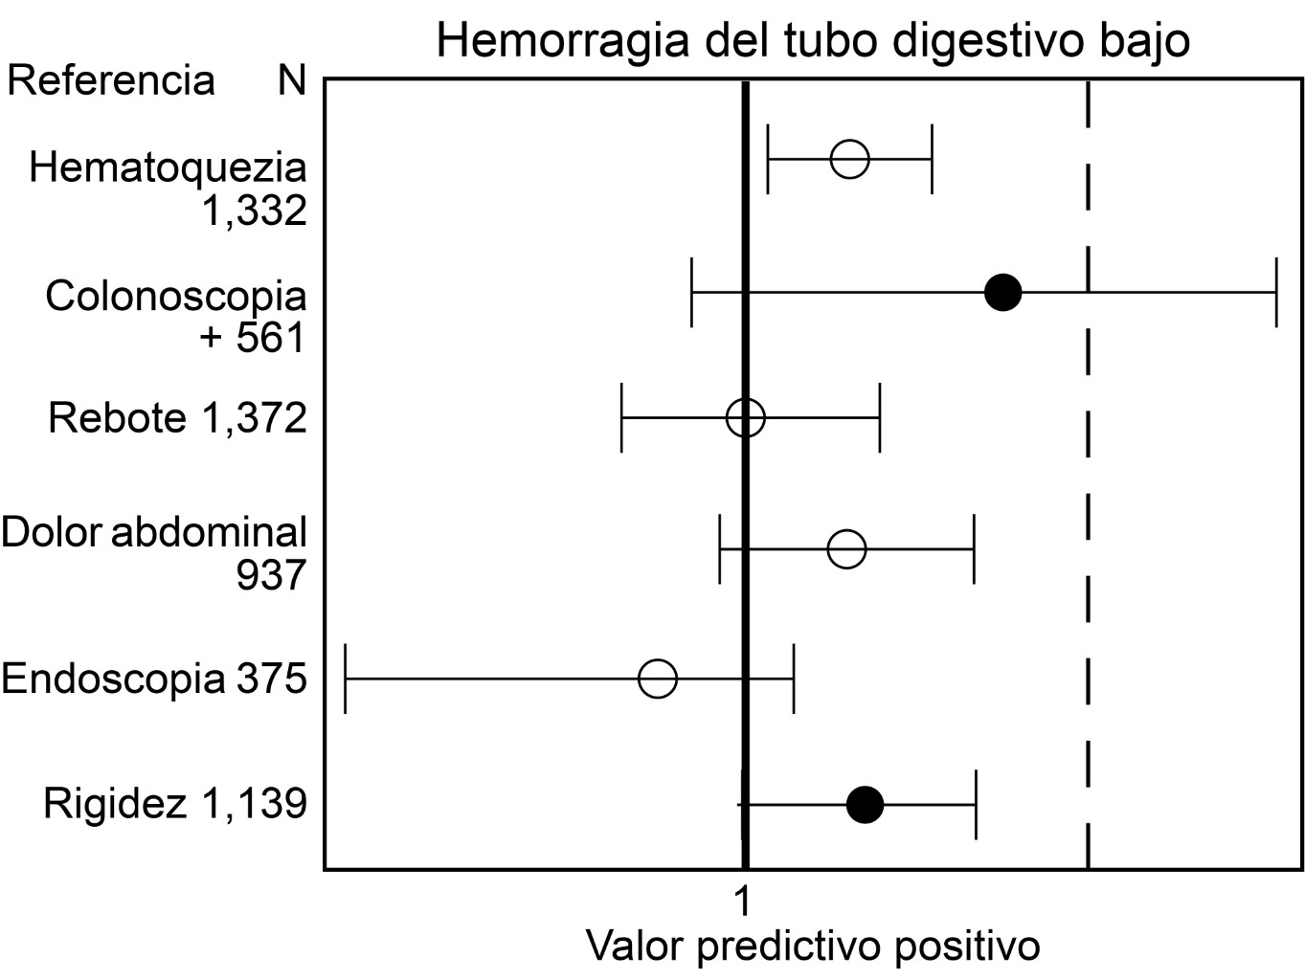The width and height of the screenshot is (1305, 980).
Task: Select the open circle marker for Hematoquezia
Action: (x=849, y=158)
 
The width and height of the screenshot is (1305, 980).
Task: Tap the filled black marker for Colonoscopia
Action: (x=1002, y=292)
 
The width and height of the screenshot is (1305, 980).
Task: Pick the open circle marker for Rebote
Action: (x=745, y=418)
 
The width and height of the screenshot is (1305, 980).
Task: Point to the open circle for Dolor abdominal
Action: (x=846, y=549)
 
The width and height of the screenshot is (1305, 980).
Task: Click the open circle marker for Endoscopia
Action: (x=658, y=679)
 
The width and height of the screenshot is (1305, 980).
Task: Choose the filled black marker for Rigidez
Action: (x=865, y=804)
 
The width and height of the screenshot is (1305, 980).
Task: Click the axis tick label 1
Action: (x=742, y=902)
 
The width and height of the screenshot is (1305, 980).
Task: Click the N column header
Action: (x=292, y=80)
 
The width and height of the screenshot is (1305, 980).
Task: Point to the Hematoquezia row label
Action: (x=168, y=167)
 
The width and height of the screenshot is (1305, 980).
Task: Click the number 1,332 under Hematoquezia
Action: (x=254, y=211)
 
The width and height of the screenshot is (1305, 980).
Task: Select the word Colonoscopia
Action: (x=176, y=296)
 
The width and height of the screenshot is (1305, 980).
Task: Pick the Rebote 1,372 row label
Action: (x=177, y=418)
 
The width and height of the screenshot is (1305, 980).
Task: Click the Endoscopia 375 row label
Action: (x=154, y=679)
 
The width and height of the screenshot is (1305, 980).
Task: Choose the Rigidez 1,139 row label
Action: (x=175, y=804)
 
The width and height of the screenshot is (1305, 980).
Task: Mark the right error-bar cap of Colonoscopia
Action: (x=1275, y=292)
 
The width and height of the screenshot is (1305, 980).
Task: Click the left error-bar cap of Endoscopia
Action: (x=345, y=679)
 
